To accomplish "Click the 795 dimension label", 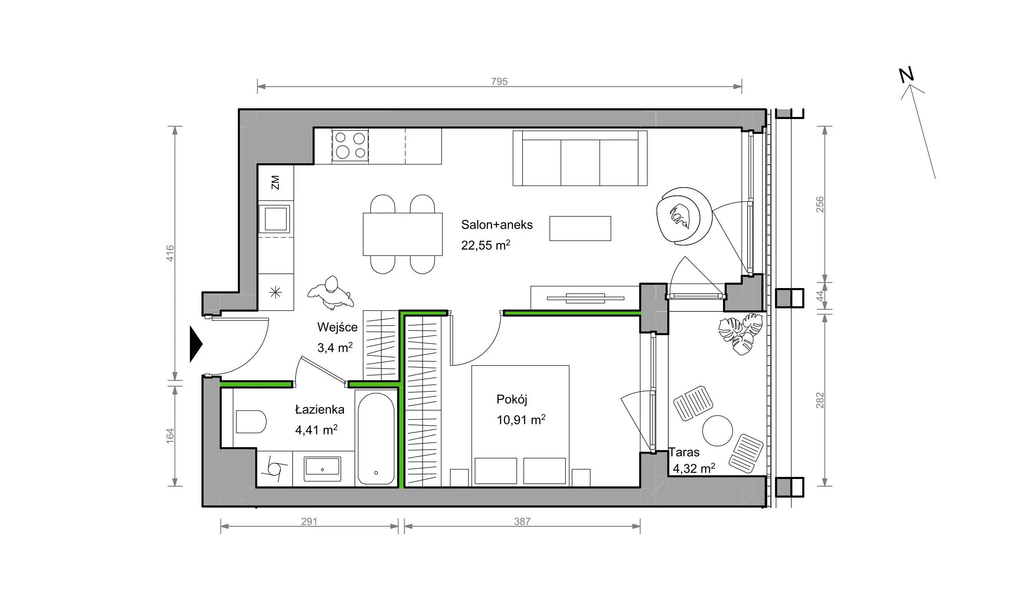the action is tap(499, 81).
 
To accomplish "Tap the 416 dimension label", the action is tap(170, 253).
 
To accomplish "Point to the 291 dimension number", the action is tap(309, 522).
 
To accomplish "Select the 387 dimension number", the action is tap(522, 522).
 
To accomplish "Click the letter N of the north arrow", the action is tap(907, 74).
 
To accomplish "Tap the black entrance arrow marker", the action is tap(196, 344).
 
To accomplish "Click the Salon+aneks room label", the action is tap(497, 225).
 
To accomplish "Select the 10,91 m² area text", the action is tap(521, 420).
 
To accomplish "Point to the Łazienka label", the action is tap(320, 410).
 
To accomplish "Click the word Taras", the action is tap(684, 452).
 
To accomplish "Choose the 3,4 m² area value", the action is tap(335, 348).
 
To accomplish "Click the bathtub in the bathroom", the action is tap(376, 438).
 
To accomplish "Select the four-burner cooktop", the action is tap(351, 146).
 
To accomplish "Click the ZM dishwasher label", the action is tap(275, 182).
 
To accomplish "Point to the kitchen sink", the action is tap(275, 219).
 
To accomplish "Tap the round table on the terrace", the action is tap(718, 431).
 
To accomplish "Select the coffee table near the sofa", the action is tap(580, 229).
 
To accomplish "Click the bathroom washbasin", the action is tap(322, 469).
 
